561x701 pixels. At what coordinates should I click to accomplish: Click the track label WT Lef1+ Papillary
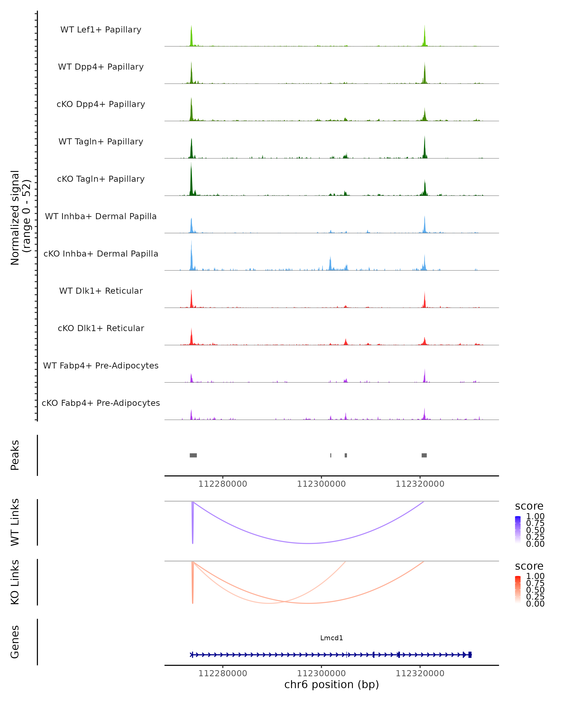coord(101,30)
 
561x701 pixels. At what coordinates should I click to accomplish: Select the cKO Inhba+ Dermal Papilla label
coord(101,254)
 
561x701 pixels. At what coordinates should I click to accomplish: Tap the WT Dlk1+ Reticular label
coord(101,291)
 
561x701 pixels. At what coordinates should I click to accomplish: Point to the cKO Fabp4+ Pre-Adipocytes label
coord(101,403)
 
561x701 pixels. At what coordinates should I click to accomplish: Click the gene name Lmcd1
coord(331,638)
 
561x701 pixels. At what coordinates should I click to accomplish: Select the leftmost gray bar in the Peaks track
coord(193,455)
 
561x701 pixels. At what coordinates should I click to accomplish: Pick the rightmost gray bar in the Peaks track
coord(424,455)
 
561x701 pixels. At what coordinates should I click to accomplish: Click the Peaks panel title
coord(15,455)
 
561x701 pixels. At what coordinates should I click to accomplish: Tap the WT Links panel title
coord(15,522)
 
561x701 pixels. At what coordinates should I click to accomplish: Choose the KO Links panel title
coord(15,582)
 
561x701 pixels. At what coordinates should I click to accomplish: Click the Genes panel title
coord(15,642)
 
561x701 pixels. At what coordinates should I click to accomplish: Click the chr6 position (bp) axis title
coord(331,684)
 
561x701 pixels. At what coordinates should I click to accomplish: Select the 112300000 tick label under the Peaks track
coord(321,484)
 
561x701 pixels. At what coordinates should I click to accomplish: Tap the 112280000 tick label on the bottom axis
coord(223,673)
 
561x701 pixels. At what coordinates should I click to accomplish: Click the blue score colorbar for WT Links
coord(518,529)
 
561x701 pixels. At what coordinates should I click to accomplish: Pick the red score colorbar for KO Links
coord(518,589)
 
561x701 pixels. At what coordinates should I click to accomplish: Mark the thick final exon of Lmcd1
coord(470,655)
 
